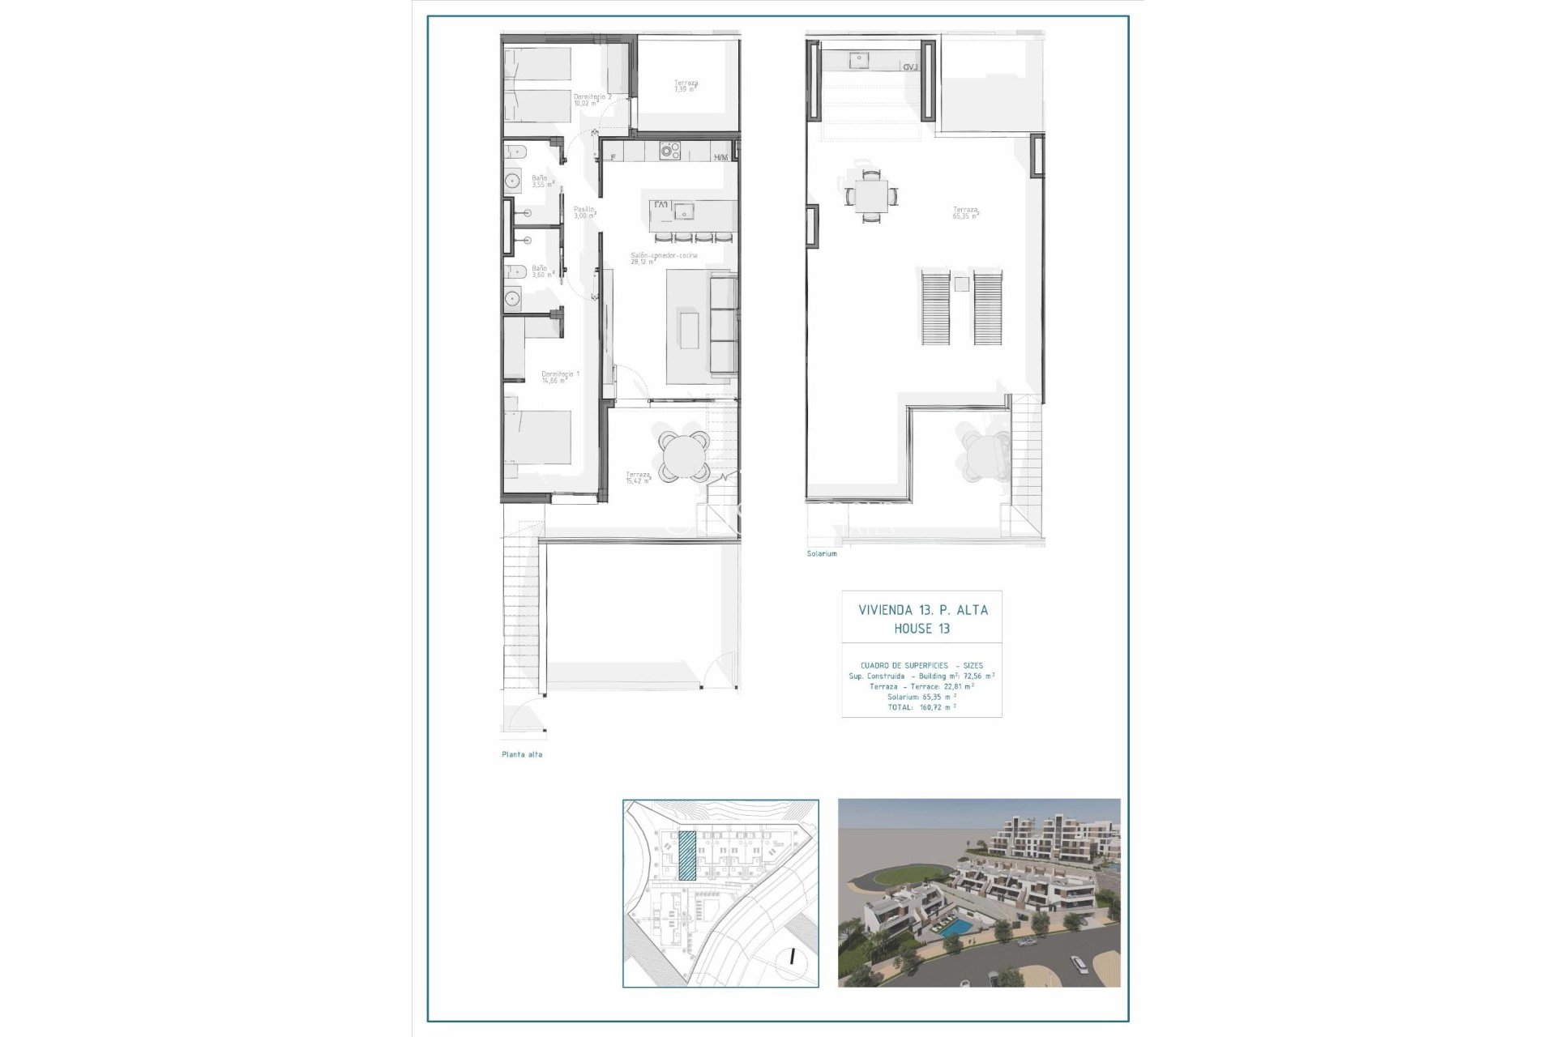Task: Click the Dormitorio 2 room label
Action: [592, 100]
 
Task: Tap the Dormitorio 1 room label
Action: [560, 377]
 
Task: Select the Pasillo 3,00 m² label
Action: [584, 212]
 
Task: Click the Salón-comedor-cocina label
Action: [663, 258]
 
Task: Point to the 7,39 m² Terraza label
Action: [686, 86]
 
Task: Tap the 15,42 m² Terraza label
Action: [638, 477]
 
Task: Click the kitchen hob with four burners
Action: [669, 151]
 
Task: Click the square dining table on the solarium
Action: [870, 195]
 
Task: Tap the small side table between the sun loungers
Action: [961, 284]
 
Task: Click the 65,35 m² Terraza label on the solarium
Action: [965, 213]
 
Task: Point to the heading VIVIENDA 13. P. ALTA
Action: [922, 610]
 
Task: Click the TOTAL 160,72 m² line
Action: [921, 707]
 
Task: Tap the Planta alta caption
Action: [522, 754]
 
